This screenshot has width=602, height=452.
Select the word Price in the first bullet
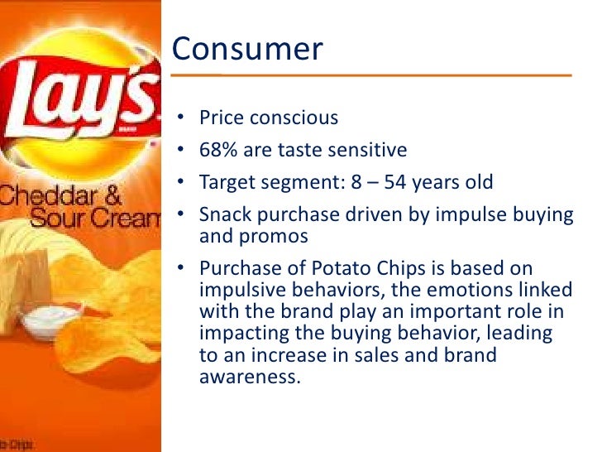(x=221, y=118)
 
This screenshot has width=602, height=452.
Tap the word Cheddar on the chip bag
(x=50, y=198)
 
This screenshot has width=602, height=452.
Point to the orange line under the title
(x=371, y=75)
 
